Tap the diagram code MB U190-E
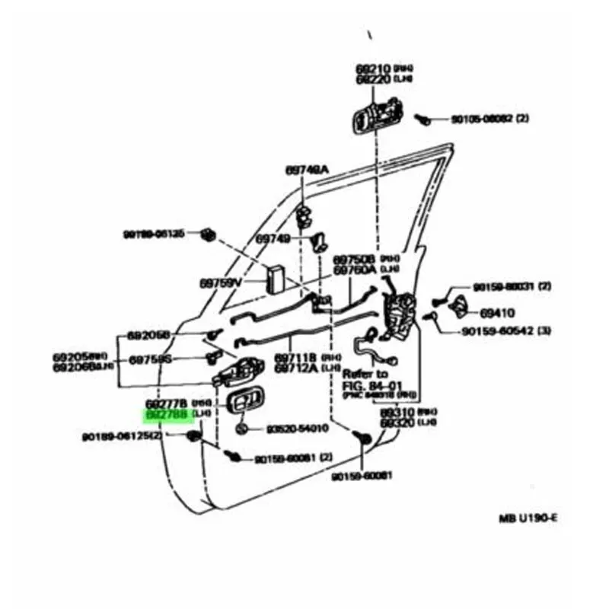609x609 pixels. [528, 518]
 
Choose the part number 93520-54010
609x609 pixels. [297, 429]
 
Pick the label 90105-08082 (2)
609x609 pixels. [485, 119]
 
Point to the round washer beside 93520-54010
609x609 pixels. [241, 429]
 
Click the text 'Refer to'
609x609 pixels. [365, 375]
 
